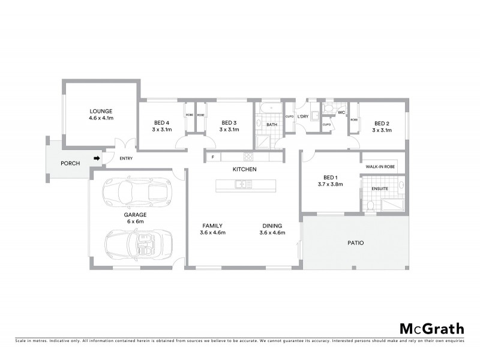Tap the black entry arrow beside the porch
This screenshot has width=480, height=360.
[95, 158]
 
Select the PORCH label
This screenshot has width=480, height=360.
[70, 163]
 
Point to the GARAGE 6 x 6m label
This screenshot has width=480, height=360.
[136, 218]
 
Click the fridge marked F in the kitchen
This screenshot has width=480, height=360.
[211, 157]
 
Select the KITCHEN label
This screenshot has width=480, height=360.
[245, 170]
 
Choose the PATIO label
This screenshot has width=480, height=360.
[356, 243]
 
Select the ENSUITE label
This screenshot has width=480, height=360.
[380, 189]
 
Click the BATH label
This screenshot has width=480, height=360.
[271, 125]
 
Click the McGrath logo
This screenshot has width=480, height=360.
[431, 328]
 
